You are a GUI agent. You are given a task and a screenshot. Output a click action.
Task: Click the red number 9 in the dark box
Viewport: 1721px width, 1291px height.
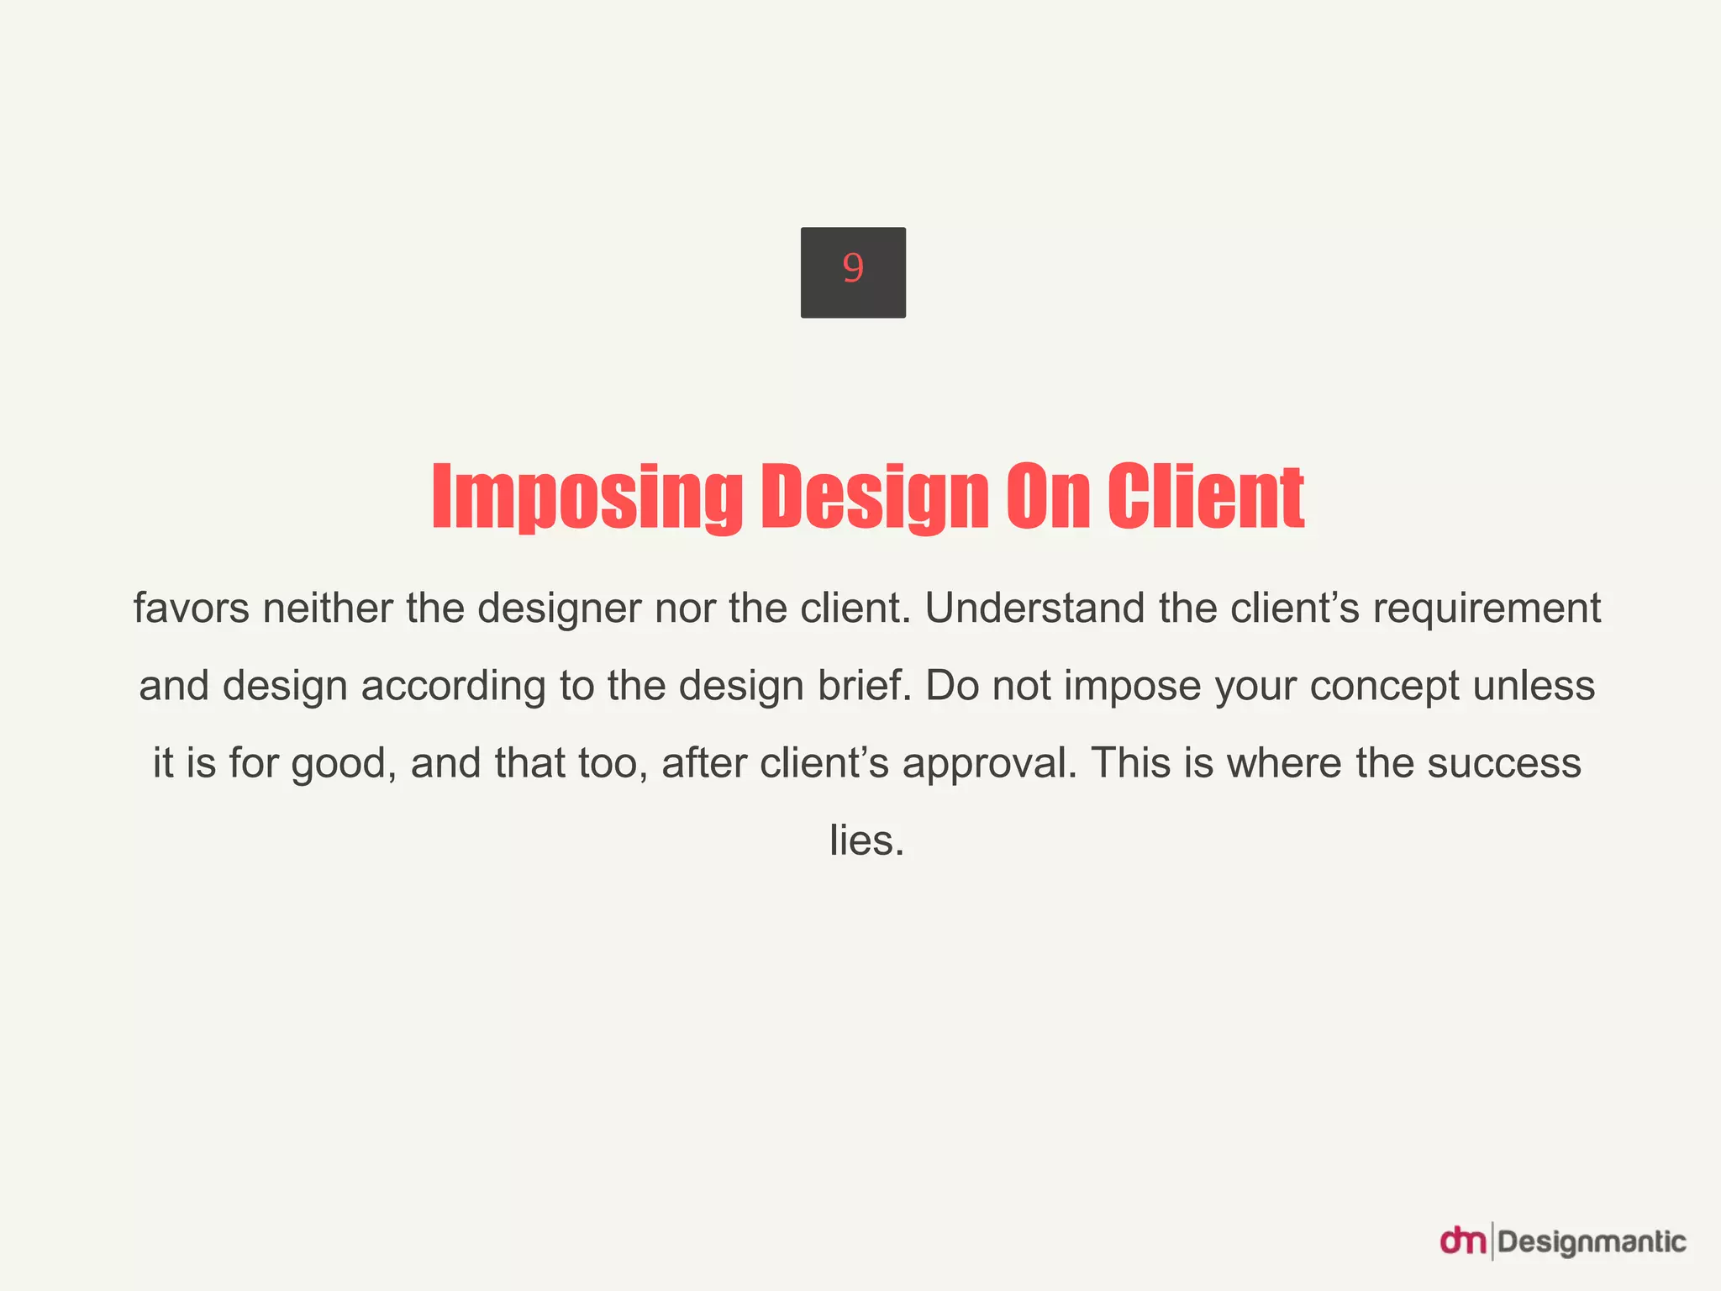coord(853,269)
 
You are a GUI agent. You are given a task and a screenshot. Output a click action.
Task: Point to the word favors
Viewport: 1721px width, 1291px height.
coord(191,608)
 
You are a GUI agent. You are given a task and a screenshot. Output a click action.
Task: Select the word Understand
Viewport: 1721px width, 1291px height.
coord(1034,608)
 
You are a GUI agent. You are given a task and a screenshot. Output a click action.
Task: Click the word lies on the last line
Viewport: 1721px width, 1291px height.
coord(866,840)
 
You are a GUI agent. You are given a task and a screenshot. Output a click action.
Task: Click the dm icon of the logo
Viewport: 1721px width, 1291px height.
coord(1463,1241)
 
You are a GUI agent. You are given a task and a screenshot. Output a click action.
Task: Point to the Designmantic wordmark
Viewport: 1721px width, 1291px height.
coord(1592,1242)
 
